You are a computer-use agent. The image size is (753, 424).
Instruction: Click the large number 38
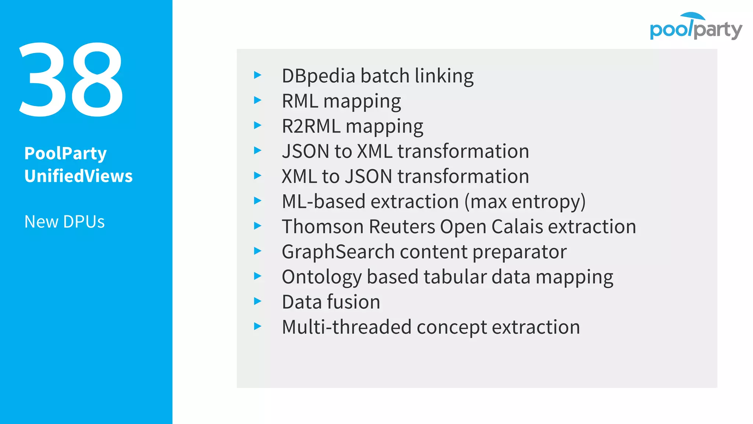pos(71,80)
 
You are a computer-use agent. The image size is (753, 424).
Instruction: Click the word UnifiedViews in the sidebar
pos(78,176)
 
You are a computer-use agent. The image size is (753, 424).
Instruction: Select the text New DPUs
pos(64,222)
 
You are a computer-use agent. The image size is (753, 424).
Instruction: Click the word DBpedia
pos(318,76)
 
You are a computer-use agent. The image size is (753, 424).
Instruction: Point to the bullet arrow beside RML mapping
pos(257,100)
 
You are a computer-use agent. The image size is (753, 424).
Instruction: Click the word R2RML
pos(311,126)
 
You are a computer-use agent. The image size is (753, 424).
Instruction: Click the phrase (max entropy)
pos(525,202)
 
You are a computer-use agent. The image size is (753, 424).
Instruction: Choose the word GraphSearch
pos(338,252)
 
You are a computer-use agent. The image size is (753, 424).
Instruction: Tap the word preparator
pos(519,252)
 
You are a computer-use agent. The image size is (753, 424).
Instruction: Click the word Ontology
pos(321,277)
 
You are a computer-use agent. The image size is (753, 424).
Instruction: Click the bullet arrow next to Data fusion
pos(257,301)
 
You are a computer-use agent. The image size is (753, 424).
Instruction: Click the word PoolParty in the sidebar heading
pos(65,153)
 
